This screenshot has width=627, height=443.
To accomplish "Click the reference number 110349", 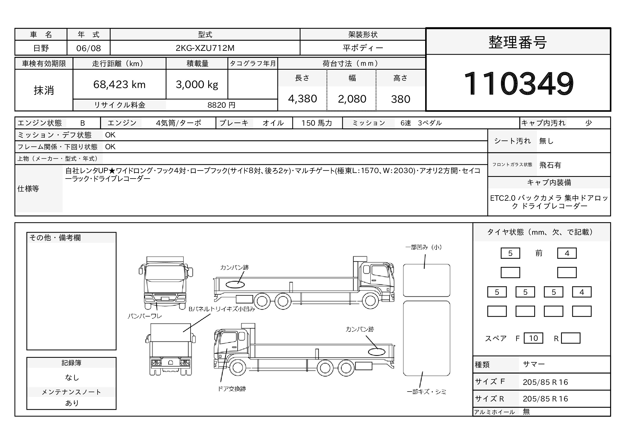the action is coord(518,83).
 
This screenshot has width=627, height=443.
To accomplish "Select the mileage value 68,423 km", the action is coord(119,85).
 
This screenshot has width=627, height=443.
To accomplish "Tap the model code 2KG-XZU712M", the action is coord(205,48).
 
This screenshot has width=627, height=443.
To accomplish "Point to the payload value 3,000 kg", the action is coord(197,85).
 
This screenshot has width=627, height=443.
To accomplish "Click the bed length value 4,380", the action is coord(302,99).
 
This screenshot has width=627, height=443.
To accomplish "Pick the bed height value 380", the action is coord(400,99).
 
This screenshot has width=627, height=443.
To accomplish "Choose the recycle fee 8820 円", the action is coord(221,105).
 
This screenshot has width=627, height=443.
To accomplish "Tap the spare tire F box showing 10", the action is coord(533,338).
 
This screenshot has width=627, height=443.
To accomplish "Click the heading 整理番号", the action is coord(518,42).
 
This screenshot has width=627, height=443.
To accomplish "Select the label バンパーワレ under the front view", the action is coord(145,316).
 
